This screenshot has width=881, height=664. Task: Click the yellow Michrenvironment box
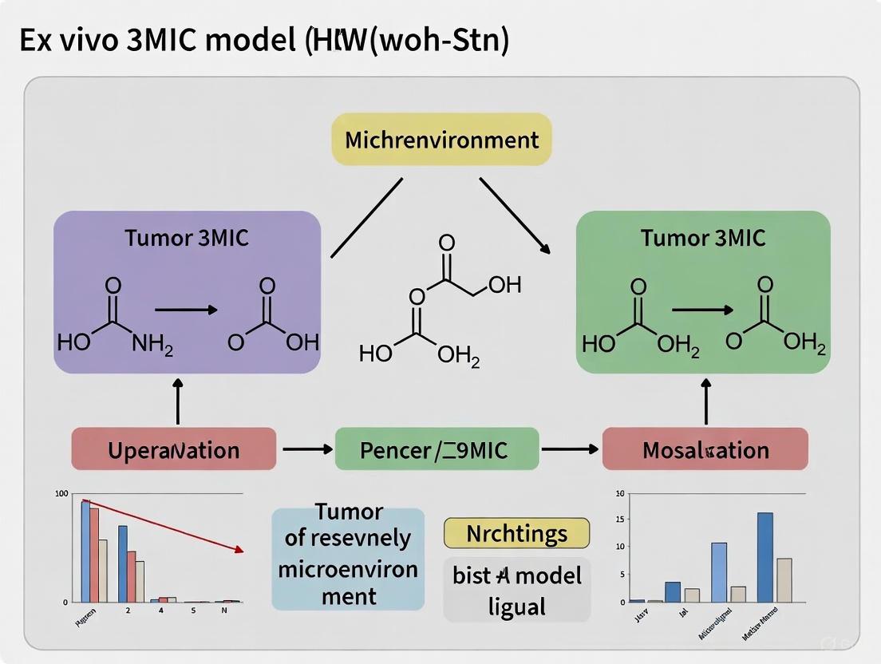[x=441, y=140]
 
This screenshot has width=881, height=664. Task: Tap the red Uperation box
[x=173, y=450]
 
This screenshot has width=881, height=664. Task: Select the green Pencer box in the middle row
[x=437, y=449]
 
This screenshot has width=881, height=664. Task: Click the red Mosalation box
[x=705, y=449]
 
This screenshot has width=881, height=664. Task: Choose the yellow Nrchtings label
[x=516, y=533]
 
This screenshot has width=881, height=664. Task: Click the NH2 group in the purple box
[x=152, y=343]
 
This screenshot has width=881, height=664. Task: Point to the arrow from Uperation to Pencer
[x=306, y=449]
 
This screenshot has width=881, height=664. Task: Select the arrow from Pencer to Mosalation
[x=570, y=449]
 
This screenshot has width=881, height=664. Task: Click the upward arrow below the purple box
[x=177, y=401]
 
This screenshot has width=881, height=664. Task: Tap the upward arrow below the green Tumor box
[x=706, y=401]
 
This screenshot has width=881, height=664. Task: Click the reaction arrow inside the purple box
[x=185, y=309]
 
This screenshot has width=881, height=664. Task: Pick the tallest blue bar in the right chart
[x=764, y=557]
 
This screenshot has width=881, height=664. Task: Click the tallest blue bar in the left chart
[x=85, y=551]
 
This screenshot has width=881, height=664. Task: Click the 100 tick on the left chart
[x=61, y=493]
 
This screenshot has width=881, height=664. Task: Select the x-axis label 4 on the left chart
[x=160, y=611]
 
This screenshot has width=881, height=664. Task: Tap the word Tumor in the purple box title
[x=158, y=238]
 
